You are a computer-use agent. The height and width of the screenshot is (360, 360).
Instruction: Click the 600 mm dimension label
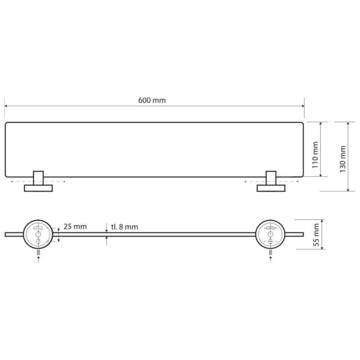(152, 100)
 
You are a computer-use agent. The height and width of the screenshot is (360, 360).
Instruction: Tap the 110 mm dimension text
(315, 155)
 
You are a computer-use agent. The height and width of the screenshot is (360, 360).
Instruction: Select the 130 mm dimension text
(342, 159)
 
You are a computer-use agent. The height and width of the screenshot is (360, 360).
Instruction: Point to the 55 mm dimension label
(316, 235)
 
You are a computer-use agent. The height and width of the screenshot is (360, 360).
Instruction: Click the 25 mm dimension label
(75, 227)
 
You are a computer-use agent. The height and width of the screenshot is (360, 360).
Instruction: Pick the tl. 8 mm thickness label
(125, 227)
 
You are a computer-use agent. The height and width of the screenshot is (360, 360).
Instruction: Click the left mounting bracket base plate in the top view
(38, 188)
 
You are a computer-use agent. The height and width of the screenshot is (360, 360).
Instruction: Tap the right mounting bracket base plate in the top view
(271, 188)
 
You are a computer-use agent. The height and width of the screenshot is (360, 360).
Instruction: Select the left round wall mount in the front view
(38, 234)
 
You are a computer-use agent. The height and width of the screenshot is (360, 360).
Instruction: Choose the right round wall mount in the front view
(271, 234)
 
